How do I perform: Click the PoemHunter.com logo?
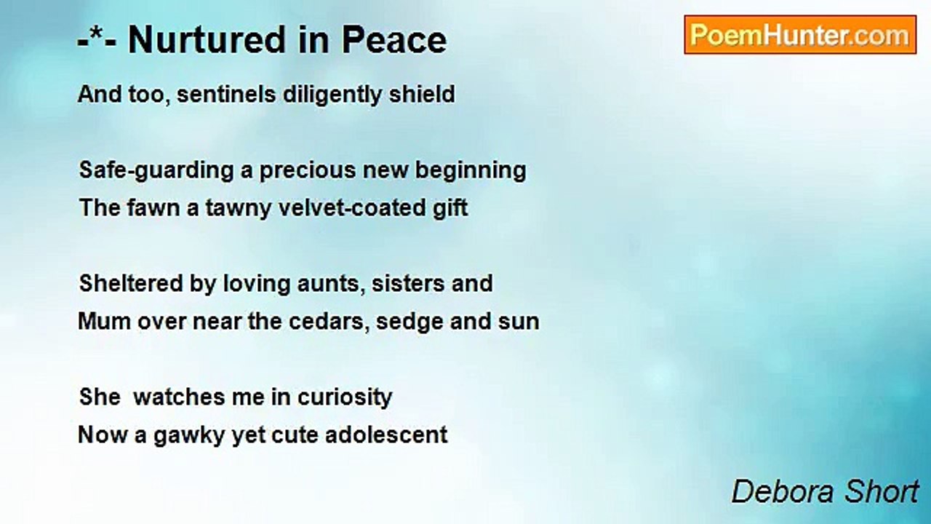pyautogui.click(x=800, y=35)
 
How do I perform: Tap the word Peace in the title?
pyautogui.click(x=394, y=40)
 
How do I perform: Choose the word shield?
pyautogui.click(x=422, y=94)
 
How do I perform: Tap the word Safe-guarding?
pyautogui.click(x=156, y=171)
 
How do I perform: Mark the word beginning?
pyautogui.click(x=471, y=171)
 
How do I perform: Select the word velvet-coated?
pyautogui.click(x=351, y=207)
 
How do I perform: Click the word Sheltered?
pyautogui.click(x=132, y=283)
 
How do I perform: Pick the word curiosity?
pyautogui.click(x=345, y=398)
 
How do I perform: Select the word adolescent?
pyautogui.click(x=386, y=435)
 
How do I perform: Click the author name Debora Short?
pyautogui.click(x=825, y=491)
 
